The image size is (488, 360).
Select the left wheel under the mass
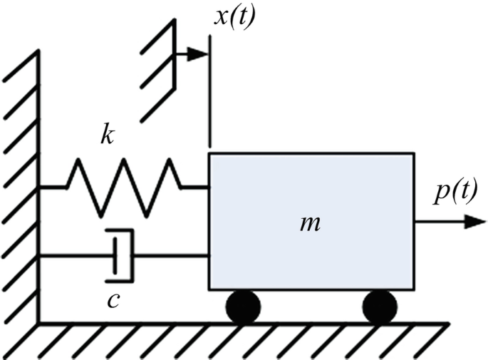(x=243, y=307)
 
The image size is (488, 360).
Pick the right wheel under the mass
(x=379, y=307)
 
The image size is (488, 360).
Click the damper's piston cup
(x=121, y=255)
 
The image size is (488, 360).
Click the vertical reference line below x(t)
(x=210, y=107)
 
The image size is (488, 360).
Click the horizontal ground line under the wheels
(x=242, y=323)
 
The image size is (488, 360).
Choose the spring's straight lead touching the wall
(x=53, y=187)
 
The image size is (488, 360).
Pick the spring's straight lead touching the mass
(x=194, y=187)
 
